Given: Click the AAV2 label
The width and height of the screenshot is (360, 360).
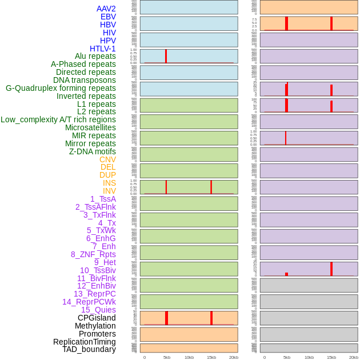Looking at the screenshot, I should click(106, 9).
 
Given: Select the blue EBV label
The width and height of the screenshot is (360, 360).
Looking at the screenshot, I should click(108, 17).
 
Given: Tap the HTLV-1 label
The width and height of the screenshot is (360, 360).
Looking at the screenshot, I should click(103, 49).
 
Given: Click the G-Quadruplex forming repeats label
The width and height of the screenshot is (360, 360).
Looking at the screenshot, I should click(61, 88).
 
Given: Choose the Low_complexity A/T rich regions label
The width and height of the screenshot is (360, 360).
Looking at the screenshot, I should click(58, 119).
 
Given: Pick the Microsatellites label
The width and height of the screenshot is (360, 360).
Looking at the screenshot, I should click(90, 127).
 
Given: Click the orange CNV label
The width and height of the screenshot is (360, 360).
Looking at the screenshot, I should click(107, 159).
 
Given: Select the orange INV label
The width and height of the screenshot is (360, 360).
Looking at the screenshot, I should click(109, 191).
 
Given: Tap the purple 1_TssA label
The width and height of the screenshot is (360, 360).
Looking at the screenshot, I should click(103, 199).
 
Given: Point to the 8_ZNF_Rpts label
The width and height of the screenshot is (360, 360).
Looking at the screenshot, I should click(93, 254).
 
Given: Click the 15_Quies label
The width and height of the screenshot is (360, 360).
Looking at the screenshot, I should click(98, 310).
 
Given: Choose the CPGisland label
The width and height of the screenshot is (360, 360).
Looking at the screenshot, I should click(97, 318).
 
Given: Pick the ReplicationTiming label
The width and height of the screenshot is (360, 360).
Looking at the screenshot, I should click(85, 342).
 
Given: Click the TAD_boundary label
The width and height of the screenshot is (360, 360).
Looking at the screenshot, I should click(89, 349).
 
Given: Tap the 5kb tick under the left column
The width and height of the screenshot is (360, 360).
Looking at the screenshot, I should click(167, 357).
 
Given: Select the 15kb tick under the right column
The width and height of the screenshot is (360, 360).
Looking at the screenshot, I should click(331, 357).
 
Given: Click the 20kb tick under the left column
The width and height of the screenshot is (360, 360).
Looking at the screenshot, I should click(234, 357).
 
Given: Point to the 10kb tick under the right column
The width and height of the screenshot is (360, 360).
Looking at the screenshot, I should click(309, 357).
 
